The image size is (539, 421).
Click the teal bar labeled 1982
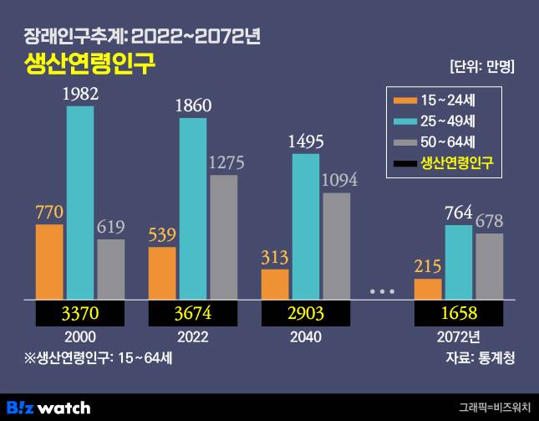pos(80,202)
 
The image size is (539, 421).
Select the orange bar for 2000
pos(49,261)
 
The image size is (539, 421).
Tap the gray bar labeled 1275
pos(224,237)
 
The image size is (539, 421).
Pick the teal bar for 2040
pos(306,226)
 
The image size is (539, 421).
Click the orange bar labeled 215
pos(428,289)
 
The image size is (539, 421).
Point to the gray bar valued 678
pos(490,265)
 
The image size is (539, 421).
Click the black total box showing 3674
pos(193,314)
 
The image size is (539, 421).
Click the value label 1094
pos(337,180)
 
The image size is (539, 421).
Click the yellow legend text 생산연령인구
pos(459,162)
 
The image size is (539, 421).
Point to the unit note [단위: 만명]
pos(481,66)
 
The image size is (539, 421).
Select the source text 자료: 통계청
pos(481,359)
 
